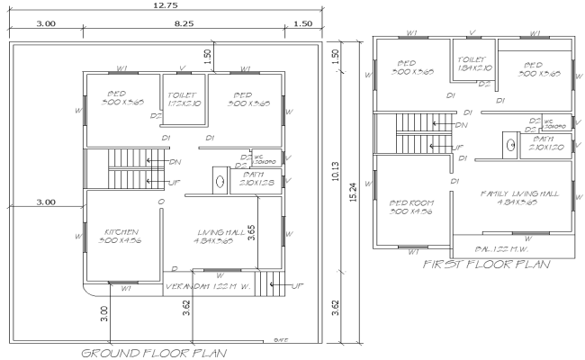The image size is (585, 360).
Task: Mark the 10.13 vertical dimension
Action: pyautogui.click(x=335, y=175)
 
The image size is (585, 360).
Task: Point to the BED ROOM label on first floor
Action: pyautogui.click(x=411, y=207)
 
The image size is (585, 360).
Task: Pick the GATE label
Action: pyautogui.click(x=281, y=340)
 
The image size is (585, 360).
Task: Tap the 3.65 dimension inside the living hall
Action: pyautogui.click(x=252, y=232)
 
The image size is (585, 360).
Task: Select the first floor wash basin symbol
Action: pyautogui.click(x=509, y=144)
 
